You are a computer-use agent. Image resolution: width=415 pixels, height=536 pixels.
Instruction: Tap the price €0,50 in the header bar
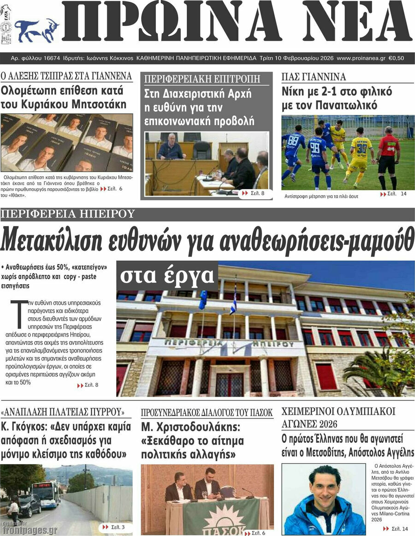[x=396, y=59]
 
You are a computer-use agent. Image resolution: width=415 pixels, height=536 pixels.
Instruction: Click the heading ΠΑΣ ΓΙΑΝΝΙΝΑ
[x=314, y=77]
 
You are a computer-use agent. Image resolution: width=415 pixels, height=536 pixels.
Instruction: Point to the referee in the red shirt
[x=388, y=155]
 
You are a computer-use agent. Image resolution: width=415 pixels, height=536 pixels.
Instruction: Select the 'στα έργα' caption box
[x=167, y=275]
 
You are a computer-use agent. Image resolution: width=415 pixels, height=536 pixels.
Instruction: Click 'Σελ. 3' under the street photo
[x=115, y=526]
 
